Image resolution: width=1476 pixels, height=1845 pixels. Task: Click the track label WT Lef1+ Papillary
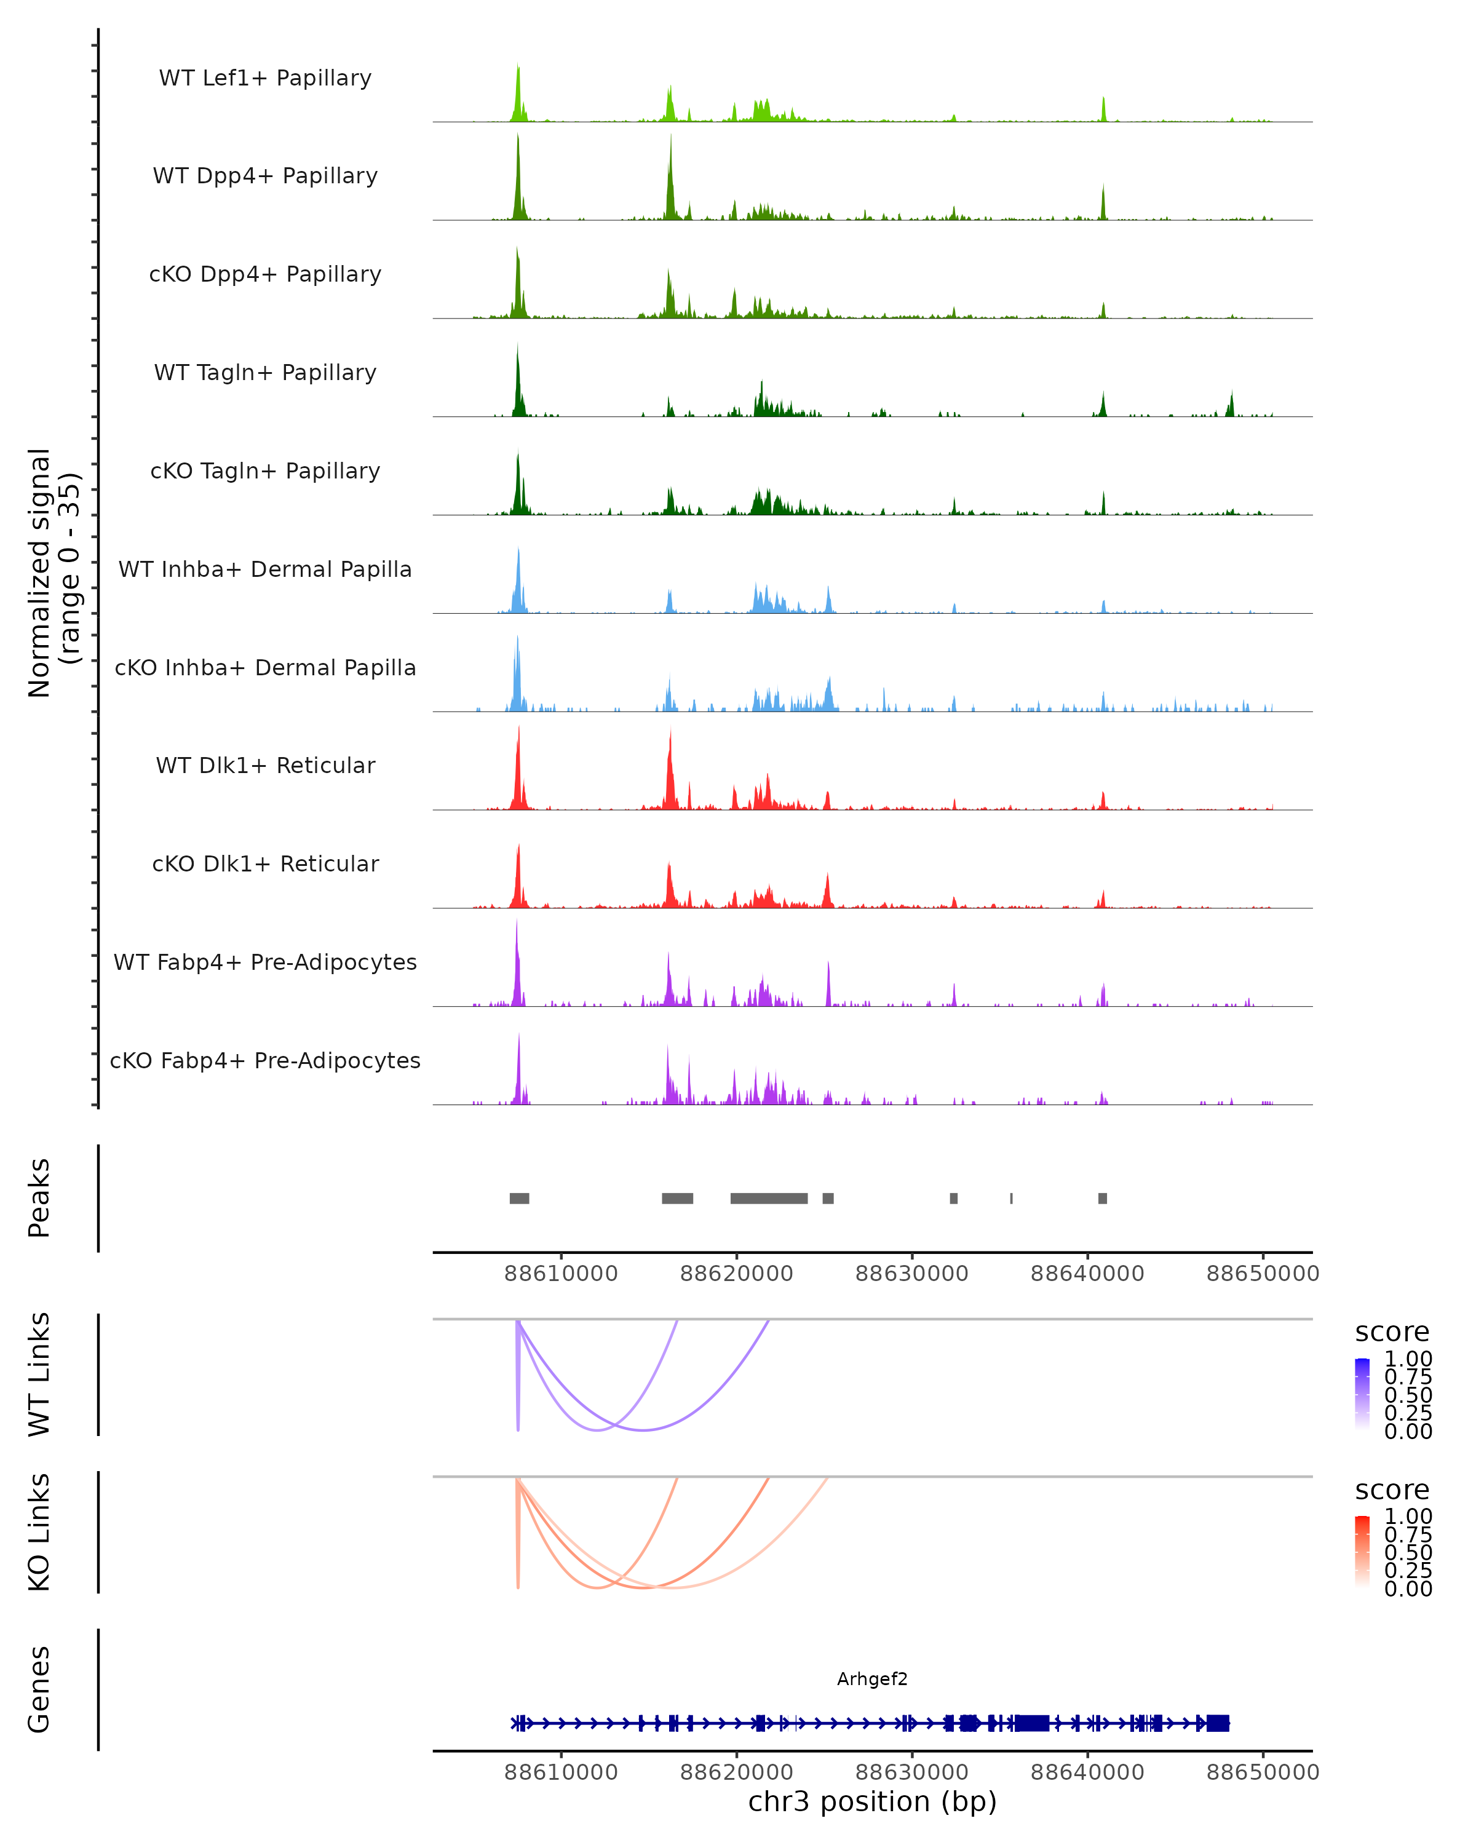(x=265, y=78)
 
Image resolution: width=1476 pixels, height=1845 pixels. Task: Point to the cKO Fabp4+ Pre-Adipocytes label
(x=265, y=1060)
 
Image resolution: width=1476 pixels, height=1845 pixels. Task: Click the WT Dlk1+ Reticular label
(x=265, y=765)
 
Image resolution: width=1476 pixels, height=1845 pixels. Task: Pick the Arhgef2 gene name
(x=872, y=1679)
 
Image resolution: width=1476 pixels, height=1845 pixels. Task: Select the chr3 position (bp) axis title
(x=872, y=1801)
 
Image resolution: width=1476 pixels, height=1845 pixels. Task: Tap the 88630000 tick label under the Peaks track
(x=911, y=1274)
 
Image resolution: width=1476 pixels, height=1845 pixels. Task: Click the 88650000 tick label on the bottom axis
(x=1262, y=1771)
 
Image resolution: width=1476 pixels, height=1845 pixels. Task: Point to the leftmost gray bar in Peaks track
(x=520, y=1198)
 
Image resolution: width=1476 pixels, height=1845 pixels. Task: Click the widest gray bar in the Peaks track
(x=768, y=1198)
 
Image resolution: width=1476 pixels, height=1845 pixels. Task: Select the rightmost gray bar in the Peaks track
(x=1102, y=1198)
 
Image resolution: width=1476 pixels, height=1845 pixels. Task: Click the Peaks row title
(x=39, y=1198)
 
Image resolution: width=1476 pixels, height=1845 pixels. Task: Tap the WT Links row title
(x=39, y=1375)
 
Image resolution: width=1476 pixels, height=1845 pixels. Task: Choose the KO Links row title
(x=39, y=1532)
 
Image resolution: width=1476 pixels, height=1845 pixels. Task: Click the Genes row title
(x=39, y=1689)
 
